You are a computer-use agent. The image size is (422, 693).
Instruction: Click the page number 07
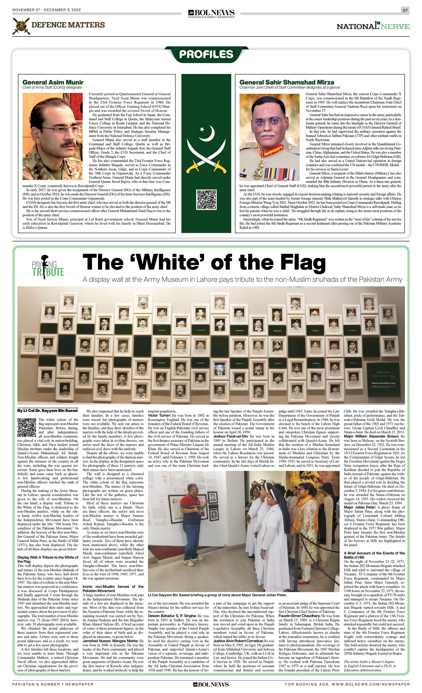tap(405, 10)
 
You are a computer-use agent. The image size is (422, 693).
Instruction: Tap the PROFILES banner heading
tap(206, 54)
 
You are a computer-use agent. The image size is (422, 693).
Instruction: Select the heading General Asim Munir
tap(53, 82)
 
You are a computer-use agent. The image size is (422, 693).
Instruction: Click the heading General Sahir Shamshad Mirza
tap(286, 82)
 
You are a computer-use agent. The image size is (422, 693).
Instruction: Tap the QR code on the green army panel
tap(206, 200)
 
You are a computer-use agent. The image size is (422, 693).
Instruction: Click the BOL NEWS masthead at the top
tap(211, 13)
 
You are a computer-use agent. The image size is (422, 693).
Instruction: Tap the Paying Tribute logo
tap(48, 268)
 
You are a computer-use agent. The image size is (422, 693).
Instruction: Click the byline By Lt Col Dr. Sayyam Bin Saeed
tap(47, 411)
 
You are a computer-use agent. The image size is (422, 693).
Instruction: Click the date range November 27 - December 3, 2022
tap(47, 10)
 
